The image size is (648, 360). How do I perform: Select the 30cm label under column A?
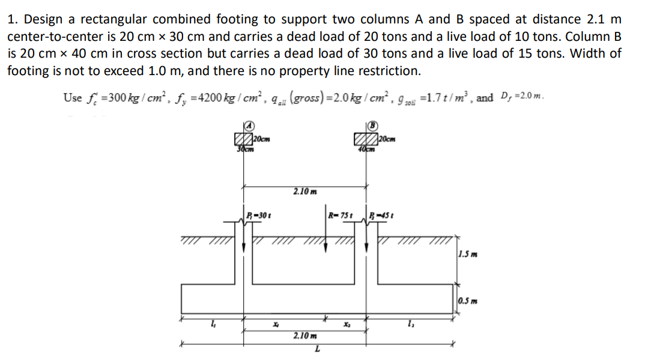click(243, 149)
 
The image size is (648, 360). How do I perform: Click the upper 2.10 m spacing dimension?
click(302, 191)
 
